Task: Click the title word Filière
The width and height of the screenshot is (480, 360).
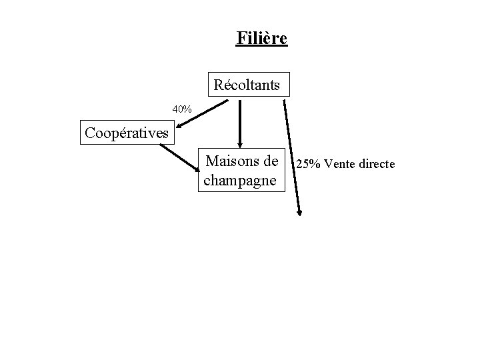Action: [261, 38]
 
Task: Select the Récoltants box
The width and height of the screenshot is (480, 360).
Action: [247, 85]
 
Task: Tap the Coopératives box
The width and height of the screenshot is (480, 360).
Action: [126, 133]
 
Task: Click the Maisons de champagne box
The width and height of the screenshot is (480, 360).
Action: [242, 171]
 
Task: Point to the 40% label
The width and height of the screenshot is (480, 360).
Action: [182, 109]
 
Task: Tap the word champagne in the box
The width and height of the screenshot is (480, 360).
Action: [242, 181]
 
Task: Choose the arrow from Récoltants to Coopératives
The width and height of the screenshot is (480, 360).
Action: [207, 113]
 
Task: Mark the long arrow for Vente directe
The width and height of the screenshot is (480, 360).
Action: [292, 157]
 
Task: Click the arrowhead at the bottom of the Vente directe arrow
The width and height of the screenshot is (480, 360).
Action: [299, 212]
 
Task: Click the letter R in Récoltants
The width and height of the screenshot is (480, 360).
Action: [219, 85]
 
